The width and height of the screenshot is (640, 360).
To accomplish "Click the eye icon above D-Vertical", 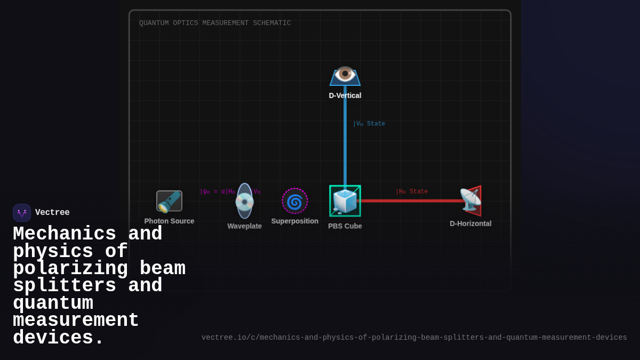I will point(345,74).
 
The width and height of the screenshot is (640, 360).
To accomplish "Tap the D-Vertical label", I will point(345,95).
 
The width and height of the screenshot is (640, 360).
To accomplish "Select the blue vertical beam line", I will point(345,139).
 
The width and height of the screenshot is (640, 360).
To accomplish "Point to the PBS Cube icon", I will point(345,201).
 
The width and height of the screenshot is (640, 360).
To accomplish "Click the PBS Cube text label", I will point(345,226).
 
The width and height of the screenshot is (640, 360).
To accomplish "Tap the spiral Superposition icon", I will point(295,201).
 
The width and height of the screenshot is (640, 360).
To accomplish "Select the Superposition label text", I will point(295,221).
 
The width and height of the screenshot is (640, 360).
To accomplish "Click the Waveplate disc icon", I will point(244,201).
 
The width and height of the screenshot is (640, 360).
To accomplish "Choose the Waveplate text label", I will point(244,226).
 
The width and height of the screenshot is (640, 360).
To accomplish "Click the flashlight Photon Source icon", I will point(169,201).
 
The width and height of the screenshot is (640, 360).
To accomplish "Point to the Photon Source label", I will point(169,221).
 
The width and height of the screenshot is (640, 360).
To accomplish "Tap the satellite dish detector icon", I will point(470,200).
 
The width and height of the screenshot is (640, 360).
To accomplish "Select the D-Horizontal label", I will point(470,223).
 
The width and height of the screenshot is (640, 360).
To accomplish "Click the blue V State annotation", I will point(369,124).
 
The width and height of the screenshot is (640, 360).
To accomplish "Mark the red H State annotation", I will point(412,191).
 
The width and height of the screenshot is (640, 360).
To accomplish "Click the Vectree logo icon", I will point(22,213).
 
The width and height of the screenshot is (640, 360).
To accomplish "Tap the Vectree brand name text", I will point(52,213).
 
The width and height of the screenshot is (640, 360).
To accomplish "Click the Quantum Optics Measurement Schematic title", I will point(215,23).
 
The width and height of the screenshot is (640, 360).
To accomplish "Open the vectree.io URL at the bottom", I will point(414,338).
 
